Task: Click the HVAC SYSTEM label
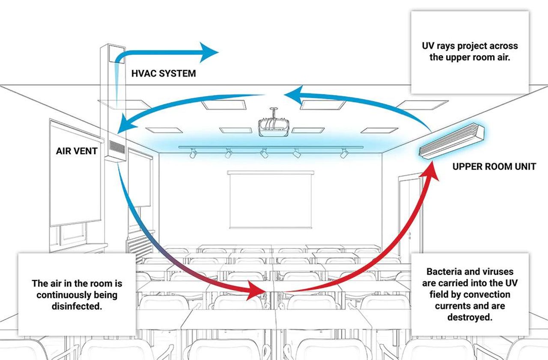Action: (x=163, y=73)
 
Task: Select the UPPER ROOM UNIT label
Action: (x=494, y=166)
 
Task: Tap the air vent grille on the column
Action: (x=115, y=148)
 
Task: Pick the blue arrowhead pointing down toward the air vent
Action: (x=124, y=125)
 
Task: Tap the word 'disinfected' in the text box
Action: (x=77, y=306)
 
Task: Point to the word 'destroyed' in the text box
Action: (x=470, y=317)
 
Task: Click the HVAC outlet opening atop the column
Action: (x=115, y=56)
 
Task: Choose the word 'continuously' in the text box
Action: (x=77, y=295)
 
